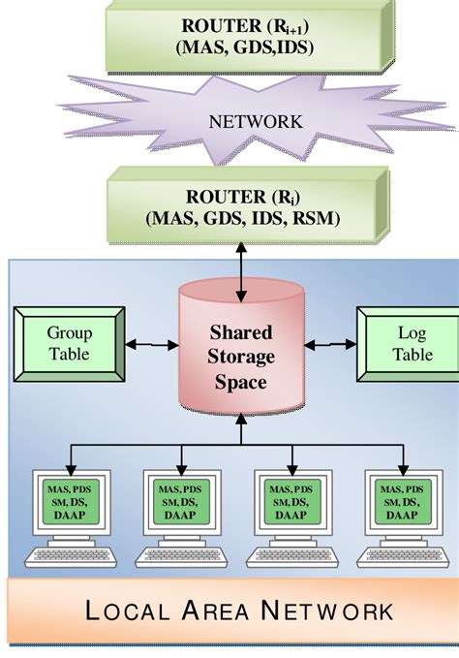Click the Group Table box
point(69,344)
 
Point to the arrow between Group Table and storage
point(151,345)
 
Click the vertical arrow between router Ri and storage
point(242,260)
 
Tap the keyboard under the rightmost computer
point(402,556)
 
